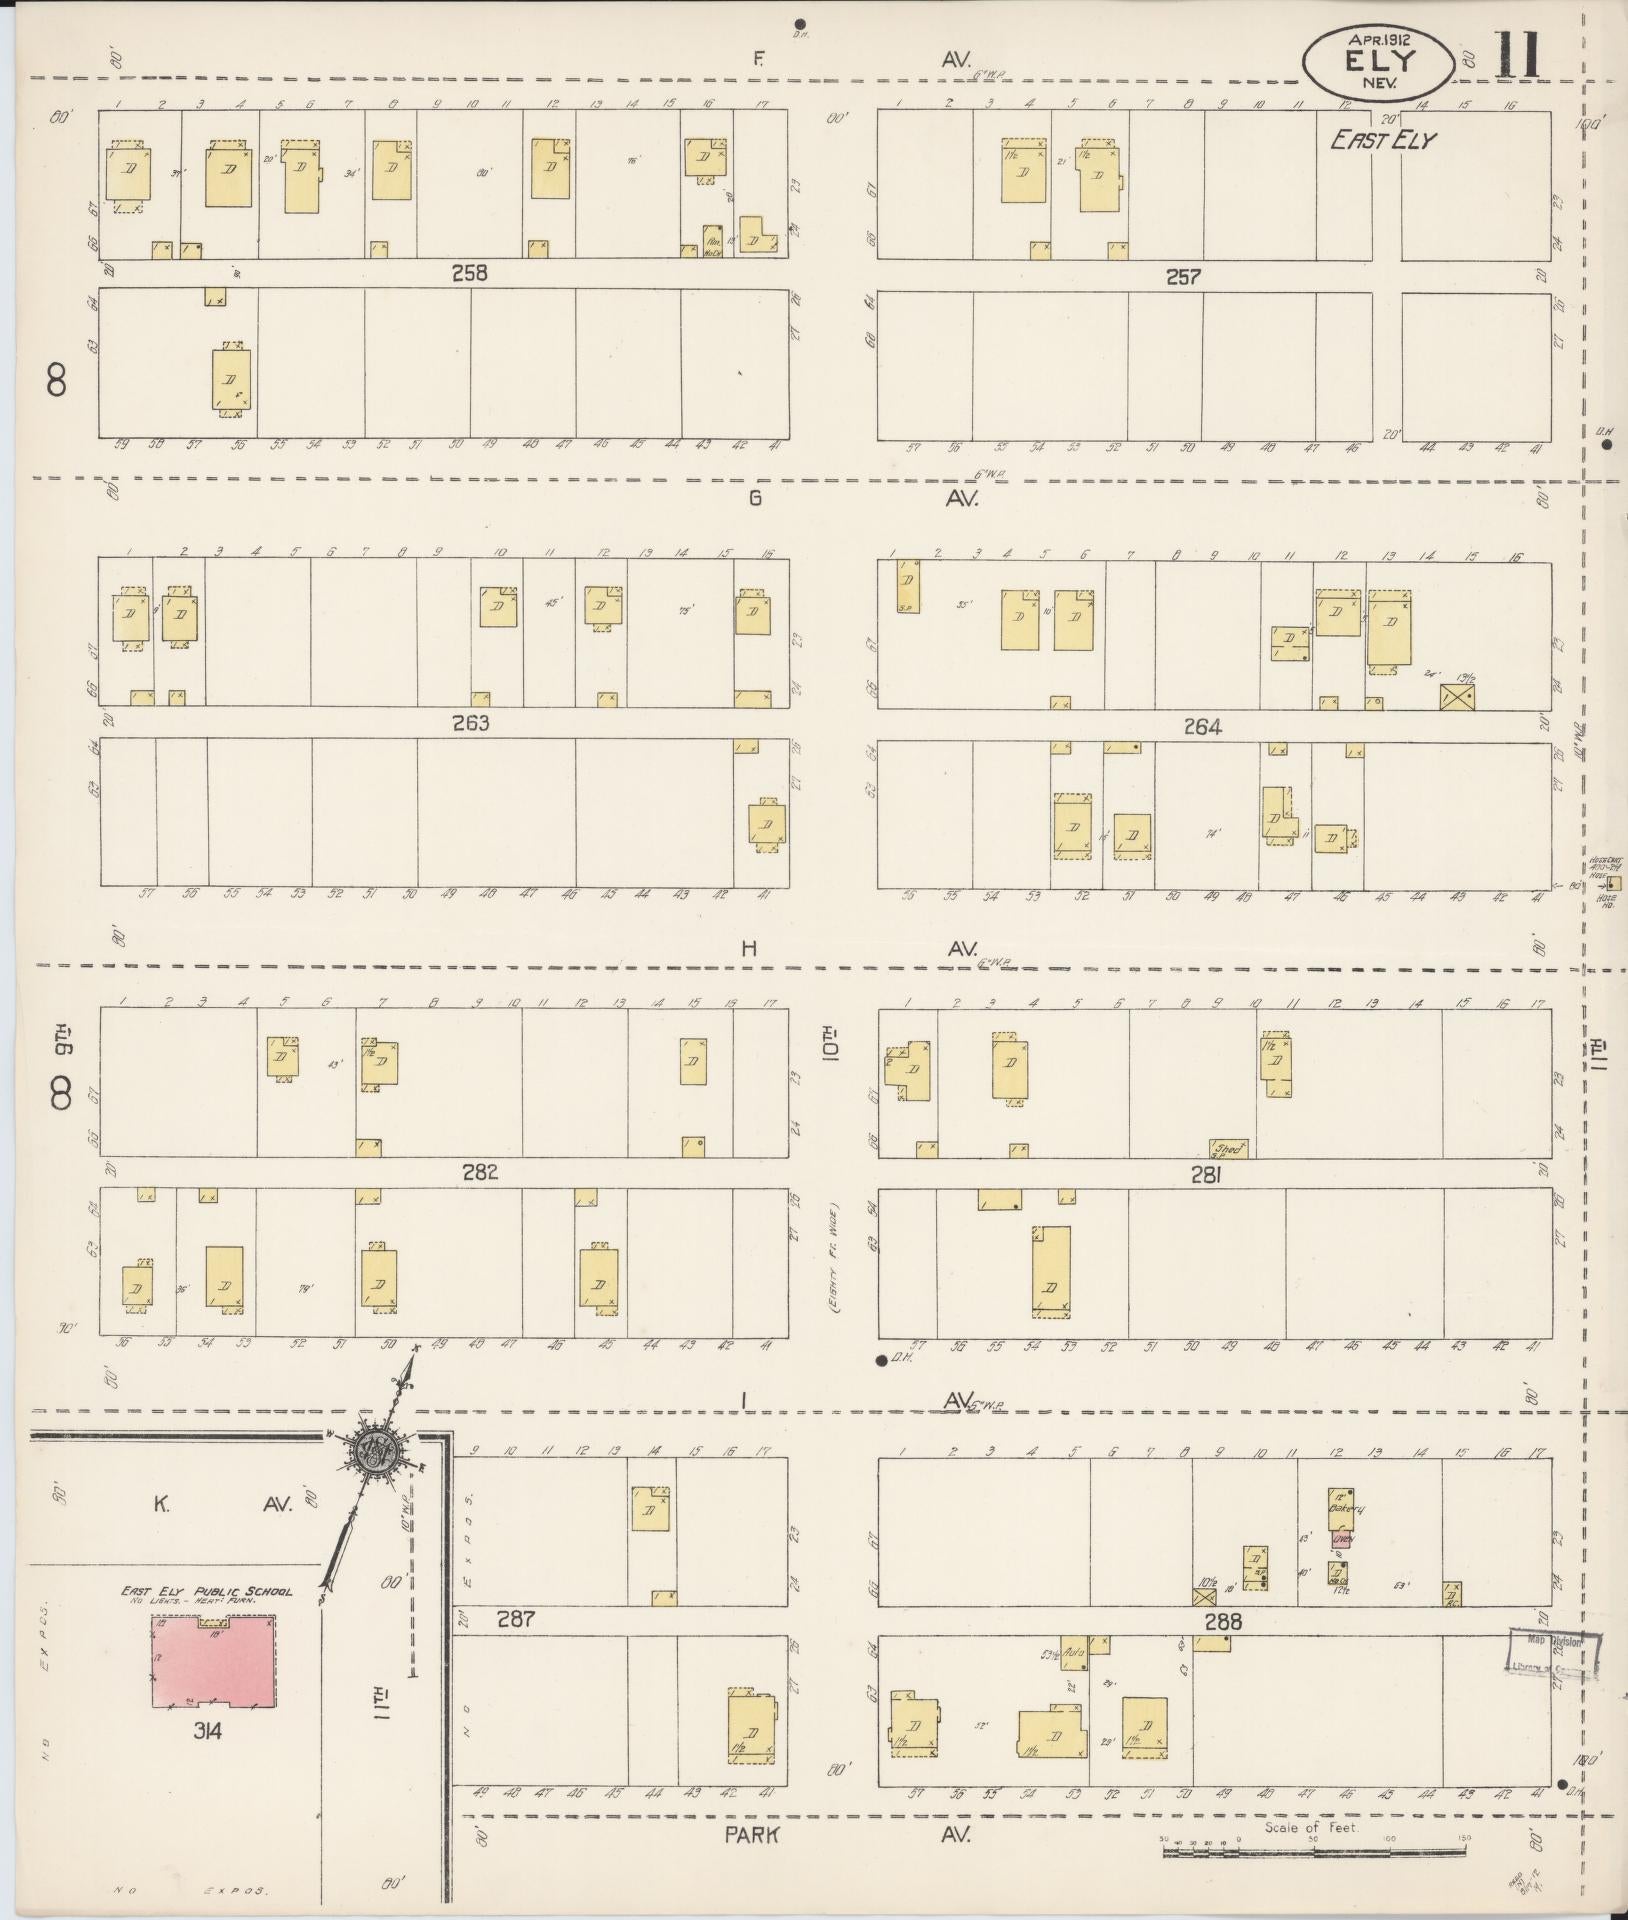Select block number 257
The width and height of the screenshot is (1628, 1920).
[1182, 276]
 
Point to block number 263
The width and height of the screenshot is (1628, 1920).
[470, 722]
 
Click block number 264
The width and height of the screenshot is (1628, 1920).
[1202, 727]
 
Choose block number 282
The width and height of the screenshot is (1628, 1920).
[481, 1172]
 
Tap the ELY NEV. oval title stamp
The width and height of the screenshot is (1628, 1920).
[1378, 61]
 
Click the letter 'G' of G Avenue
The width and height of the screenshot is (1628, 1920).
[755, 497]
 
